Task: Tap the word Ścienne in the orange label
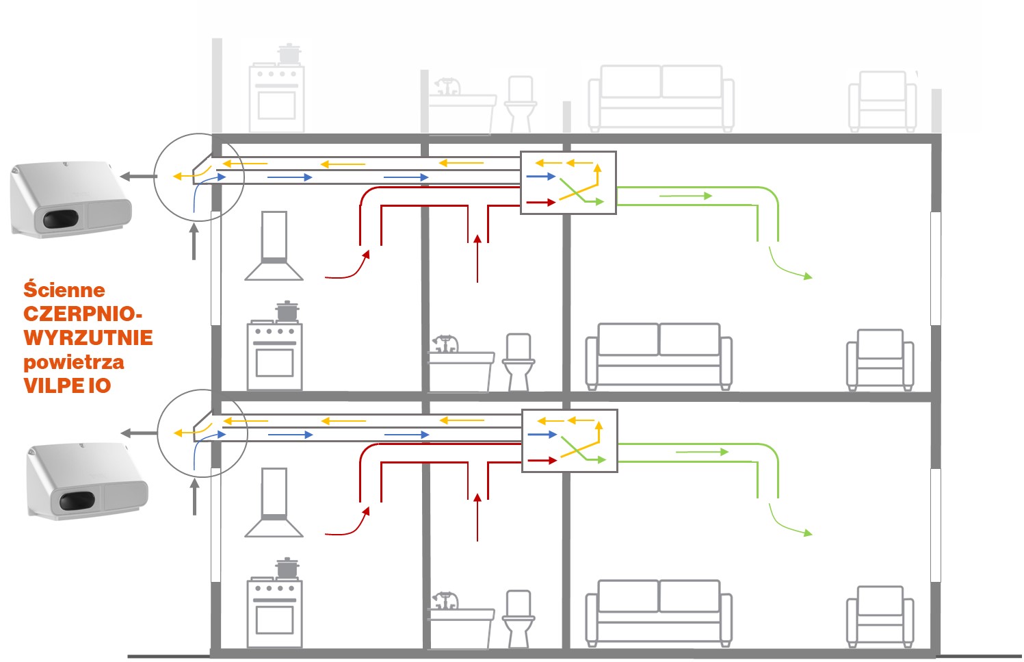[64, 290]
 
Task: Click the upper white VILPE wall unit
[70, 199]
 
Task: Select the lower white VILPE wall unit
[87, 480]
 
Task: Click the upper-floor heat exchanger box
[568, 183]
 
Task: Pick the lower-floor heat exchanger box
[570, 441]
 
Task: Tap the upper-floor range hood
[274, 246]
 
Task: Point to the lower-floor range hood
[274, 502]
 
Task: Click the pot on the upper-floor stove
[287, 311]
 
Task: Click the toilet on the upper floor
[518, 361]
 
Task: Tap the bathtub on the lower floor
[460, 624]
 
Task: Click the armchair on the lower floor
[880, 615]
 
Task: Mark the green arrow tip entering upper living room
[808, 277]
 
